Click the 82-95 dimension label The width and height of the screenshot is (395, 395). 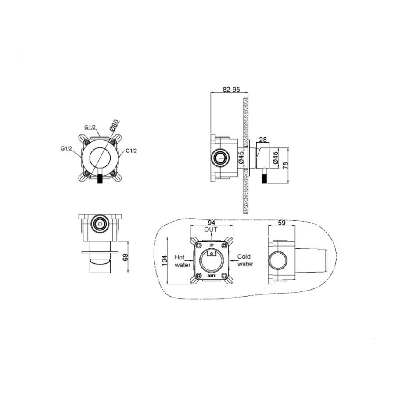pos(231,90)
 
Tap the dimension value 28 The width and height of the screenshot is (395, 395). pos(263,140)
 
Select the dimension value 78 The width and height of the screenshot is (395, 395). pos(285,165)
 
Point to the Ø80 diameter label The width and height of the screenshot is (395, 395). pos(114,125)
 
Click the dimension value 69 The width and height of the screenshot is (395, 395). pos(126,257)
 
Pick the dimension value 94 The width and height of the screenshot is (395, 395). pos(211,223)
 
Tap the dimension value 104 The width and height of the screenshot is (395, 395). pos(165,261)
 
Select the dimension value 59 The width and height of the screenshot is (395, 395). pos(282,223)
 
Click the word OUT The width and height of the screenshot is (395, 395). pos(211,230)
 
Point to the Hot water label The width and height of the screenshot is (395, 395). pos(182,261)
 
